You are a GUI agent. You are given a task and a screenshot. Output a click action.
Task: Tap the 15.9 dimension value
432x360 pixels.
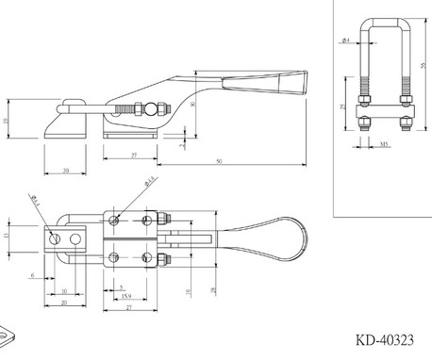pos(125,298)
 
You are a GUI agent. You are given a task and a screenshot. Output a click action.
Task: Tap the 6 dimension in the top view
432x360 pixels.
pos(32,275)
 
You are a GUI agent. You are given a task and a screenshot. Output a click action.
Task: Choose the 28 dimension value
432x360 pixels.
pos(214,286)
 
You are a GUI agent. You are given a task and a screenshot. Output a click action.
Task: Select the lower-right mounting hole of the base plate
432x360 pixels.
pos(145,256)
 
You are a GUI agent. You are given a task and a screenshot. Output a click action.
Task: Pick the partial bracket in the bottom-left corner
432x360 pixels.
pos(7,335)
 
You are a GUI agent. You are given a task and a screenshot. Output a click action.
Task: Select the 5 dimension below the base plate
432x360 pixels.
pos(120,286)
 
